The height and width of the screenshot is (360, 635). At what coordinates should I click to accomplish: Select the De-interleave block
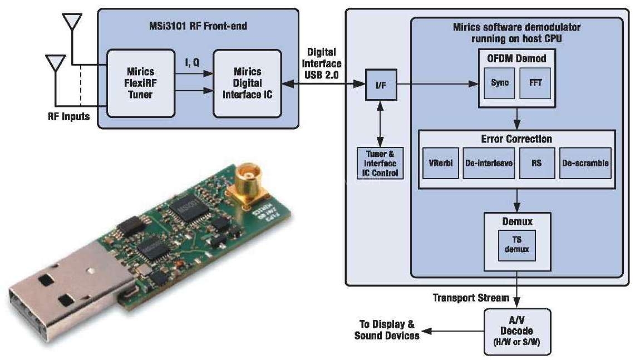click(x=488, y=163)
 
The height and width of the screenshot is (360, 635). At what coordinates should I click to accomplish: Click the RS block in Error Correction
click(x=537, y=163)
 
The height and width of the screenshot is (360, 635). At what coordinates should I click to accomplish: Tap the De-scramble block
click(x=585, y=163)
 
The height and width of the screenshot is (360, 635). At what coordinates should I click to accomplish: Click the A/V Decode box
click(x=517, y=332)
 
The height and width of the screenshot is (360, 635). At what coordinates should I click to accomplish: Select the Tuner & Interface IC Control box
click(x=381, y=163)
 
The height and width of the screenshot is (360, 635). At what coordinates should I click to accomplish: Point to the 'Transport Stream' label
click(x=471, y=298)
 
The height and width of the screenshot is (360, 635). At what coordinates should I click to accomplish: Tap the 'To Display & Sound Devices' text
click(x=386, y=330)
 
